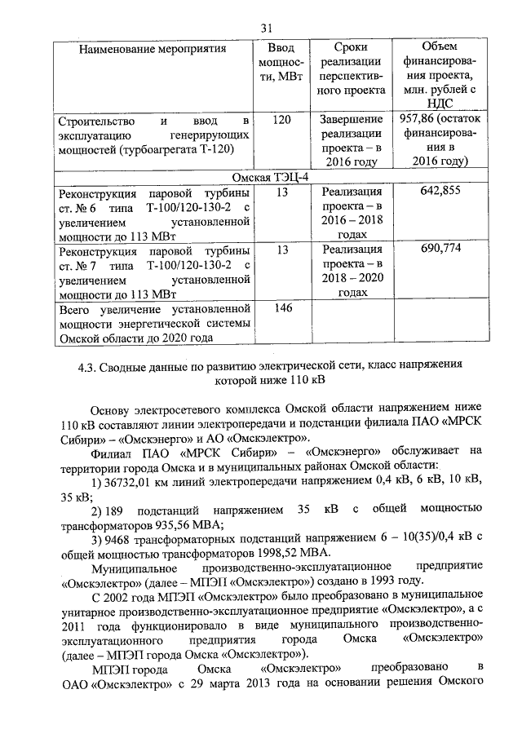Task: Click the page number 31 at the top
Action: click(265, 29)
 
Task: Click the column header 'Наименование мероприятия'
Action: click(152, 49)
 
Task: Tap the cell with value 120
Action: click(281, 121)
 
